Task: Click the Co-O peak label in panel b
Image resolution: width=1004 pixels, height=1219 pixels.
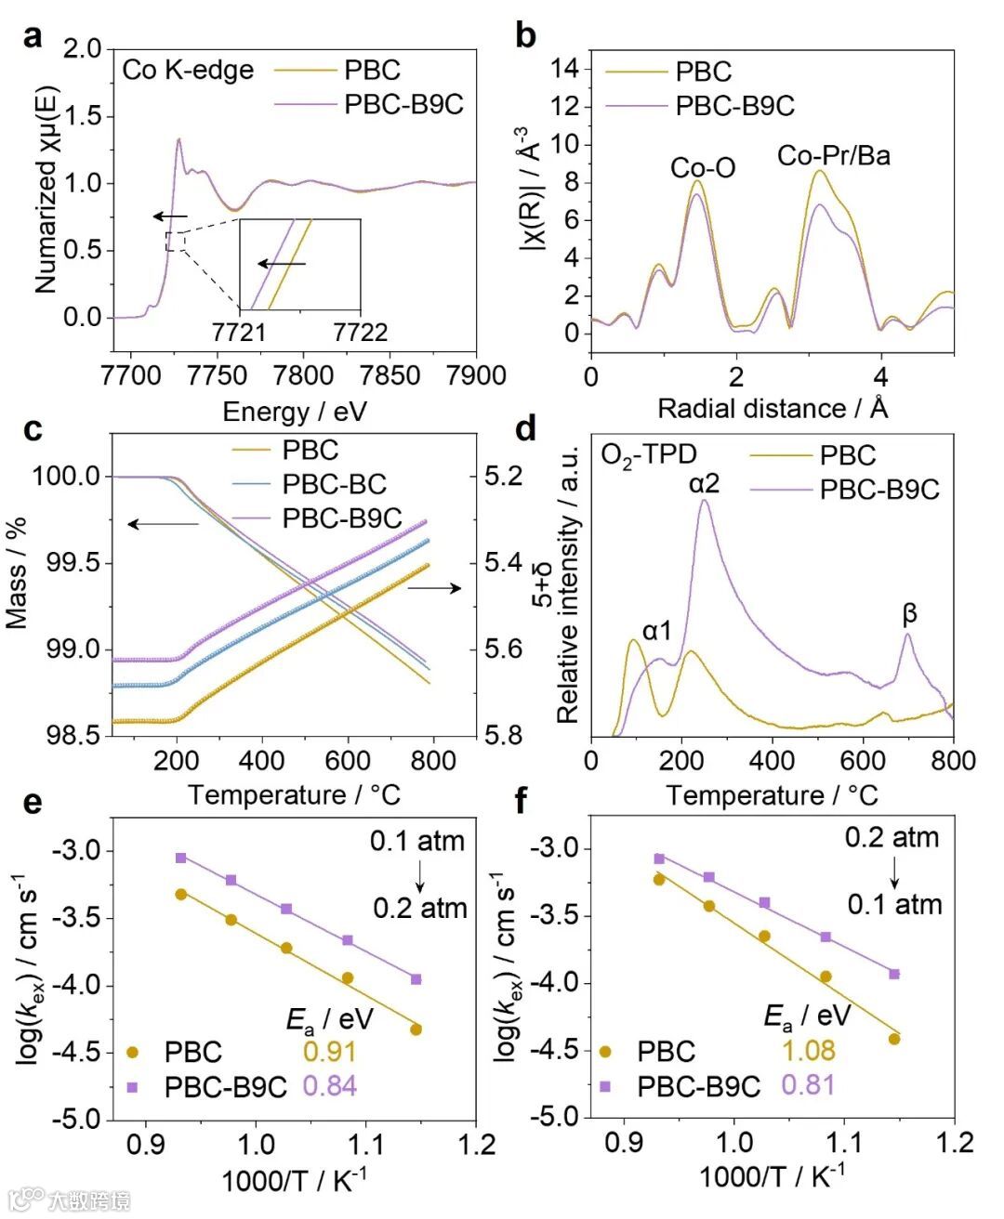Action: (703, 167)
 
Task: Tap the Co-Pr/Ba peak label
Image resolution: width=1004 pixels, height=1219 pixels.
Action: (833, 155)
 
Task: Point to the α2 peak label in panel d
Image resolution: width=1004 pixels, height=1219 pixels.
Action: (704, 483)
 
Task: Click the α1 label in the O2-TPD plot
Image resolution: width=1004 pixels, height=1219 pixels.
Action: (656, 631)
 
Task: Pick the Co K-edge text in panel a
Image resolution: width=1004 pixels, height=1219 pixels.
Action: (188, 71)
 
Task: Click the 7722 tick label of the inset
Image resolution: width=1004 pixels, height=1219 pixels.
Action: (360, 332)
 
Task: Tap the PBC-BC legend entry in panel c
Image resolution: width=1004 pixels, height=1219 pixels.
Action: (334, 484)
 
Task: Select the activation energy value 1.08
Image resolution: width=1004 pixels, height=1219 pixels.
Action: (808, 1051)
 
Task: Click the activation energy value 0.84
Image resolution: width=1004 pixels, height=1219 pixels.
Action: (329, 1085)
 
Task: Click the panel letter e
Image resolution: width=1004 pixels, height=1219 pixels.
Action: (33, 800)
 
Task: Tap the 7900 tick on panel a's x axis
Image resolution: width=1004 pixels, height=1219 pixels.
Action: (475, 375)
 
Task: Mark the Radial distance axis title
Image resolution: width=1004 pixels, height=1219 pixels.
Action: (773, 408)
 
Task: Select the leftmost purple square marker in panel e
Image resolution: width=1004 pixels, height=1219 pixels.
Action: (181, 858)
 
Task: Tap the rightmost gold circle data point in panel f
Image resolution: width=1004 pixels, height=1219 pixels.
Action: (894, 1039)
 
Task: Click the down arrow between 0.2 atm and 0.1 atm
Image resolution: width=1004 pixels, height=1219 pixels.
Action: (894, 872)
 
